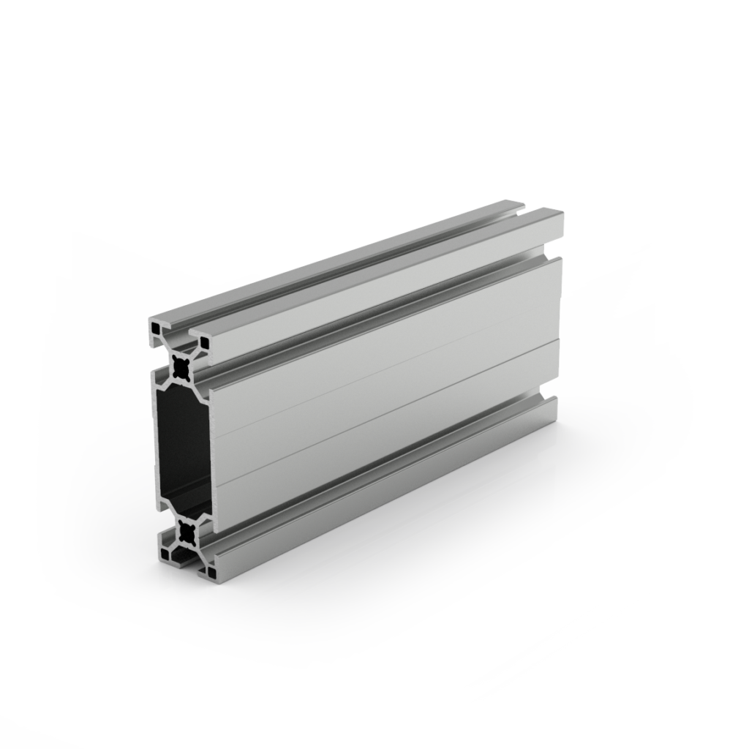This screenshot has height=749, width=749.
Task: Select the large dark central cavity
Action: [184, 451]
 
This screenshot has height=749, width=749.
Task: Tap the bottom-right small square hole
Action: [212, 573]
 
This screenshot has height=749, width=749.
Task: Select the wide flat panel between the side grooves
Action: [388, 395]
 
